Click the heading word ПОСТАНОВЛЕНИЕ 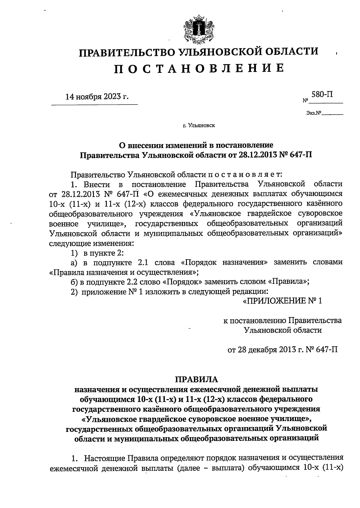tap(199, 69)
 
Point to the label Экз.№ tap(314, 113)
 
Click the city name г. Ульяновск tap(199, 126)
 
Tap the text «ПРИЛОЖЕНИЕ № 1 tap(282, 301)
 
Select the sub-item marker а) tap(74, 263)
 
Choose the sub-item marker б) tap(74, 282)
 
